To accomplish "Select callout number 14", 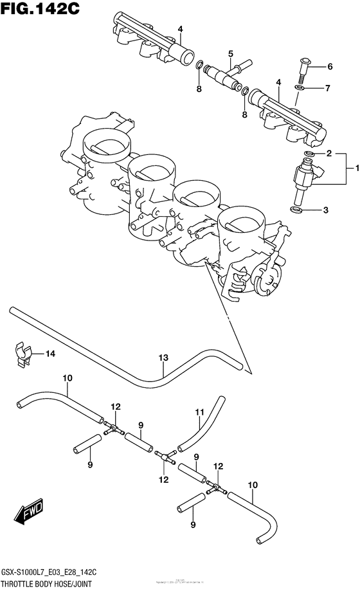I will tap(50, 353).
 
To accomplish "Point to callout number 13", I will tap(163, 358).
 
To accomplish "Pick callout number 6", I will tap(330, 66).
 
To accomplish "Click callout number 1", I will tap(352, 169).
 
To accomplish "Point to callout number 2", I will tap(329, 154).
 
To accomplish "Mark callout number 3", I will tap(326, 210).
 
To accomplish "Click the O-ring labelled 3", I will tap(297, 210).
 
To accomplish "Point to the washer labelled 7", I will tap(300, 87).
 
